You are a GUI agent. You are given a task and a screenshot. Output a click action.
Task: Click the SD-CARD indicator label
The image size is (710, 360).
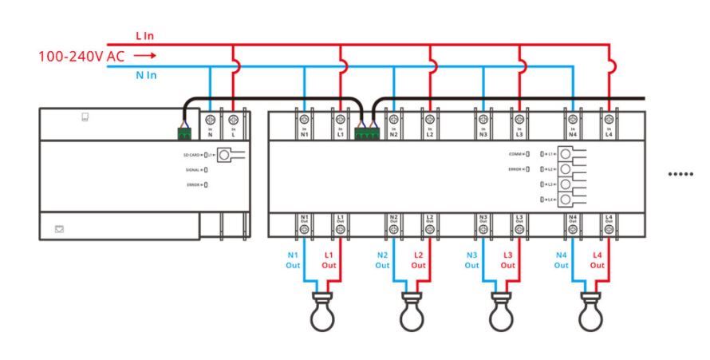[190, 155]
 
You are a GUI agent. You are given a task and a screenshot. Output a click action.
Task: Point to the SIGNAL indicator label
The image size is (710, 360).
[191, 169]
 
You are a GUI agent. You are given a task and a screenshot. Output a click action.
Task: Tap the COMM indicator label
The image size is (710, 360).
[515, 153]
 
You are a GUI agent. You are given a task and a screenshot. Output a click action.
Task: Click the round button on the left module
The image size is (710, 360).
[237, 155]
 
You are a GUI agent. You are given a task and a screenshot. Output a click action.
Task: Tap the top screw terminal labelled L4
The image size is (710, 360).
[609, 120]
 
